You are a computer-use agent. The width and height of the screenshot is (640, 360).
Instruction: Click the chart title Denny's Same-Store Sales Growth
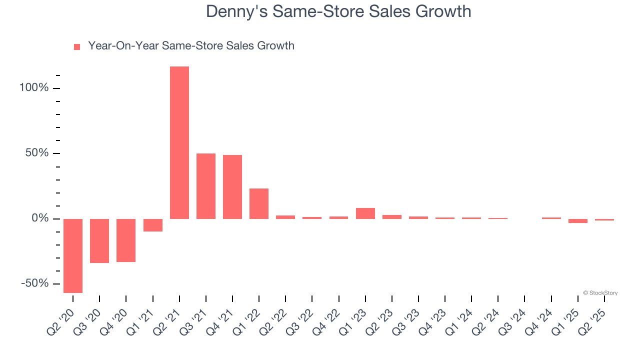pos(338,11)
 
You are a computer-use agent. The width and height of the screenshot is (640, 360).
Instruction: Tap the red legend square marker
pos(77,46)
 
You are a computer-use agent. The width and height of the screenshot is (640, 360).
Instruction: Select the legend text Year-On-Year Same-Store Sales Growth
pos(191,46)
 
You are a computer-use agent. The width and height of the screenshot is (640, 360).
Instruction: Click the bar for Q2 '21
pos(179,142)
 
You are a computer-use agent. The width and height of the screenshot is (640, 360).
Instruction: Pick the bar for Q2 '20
pos(73,255)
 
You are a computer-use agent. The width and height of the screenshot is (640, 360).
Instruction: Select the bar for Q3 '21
pos(206,186)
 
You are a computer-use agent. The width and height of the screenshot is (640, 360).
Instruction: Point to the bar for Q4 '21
pos(232,186)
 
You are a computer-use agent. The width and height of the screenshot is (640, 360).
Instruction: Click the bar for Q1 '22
pos(259,203)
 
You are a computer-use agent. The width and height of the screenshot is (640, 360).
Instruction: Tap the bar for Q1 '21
pos(153,225)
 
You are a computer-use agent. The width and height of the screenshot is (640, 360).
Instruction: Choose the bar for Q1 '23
pos(365,213)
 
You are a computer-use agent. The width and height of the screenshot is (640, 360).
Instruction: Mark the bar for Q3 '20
pos(99,241)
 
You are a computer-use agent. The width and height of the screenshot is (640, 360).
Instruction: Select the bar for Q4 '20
pos(126,240)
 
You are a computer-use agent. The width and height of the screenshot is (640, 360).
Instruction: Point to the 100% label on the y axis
pos(34,88)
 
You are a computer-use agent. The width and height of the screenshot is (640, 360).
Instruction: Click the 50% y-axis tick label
pos(37,153)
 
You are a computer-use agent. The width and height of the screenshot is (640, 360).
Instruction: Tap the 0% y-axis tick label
pos(40,218)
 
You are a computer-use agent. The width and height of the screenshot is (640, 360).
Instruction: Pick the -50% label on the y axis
pos(35,283)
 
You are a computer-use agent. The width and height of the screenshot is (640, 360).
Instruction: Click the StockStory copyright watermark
pos(600,293)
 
